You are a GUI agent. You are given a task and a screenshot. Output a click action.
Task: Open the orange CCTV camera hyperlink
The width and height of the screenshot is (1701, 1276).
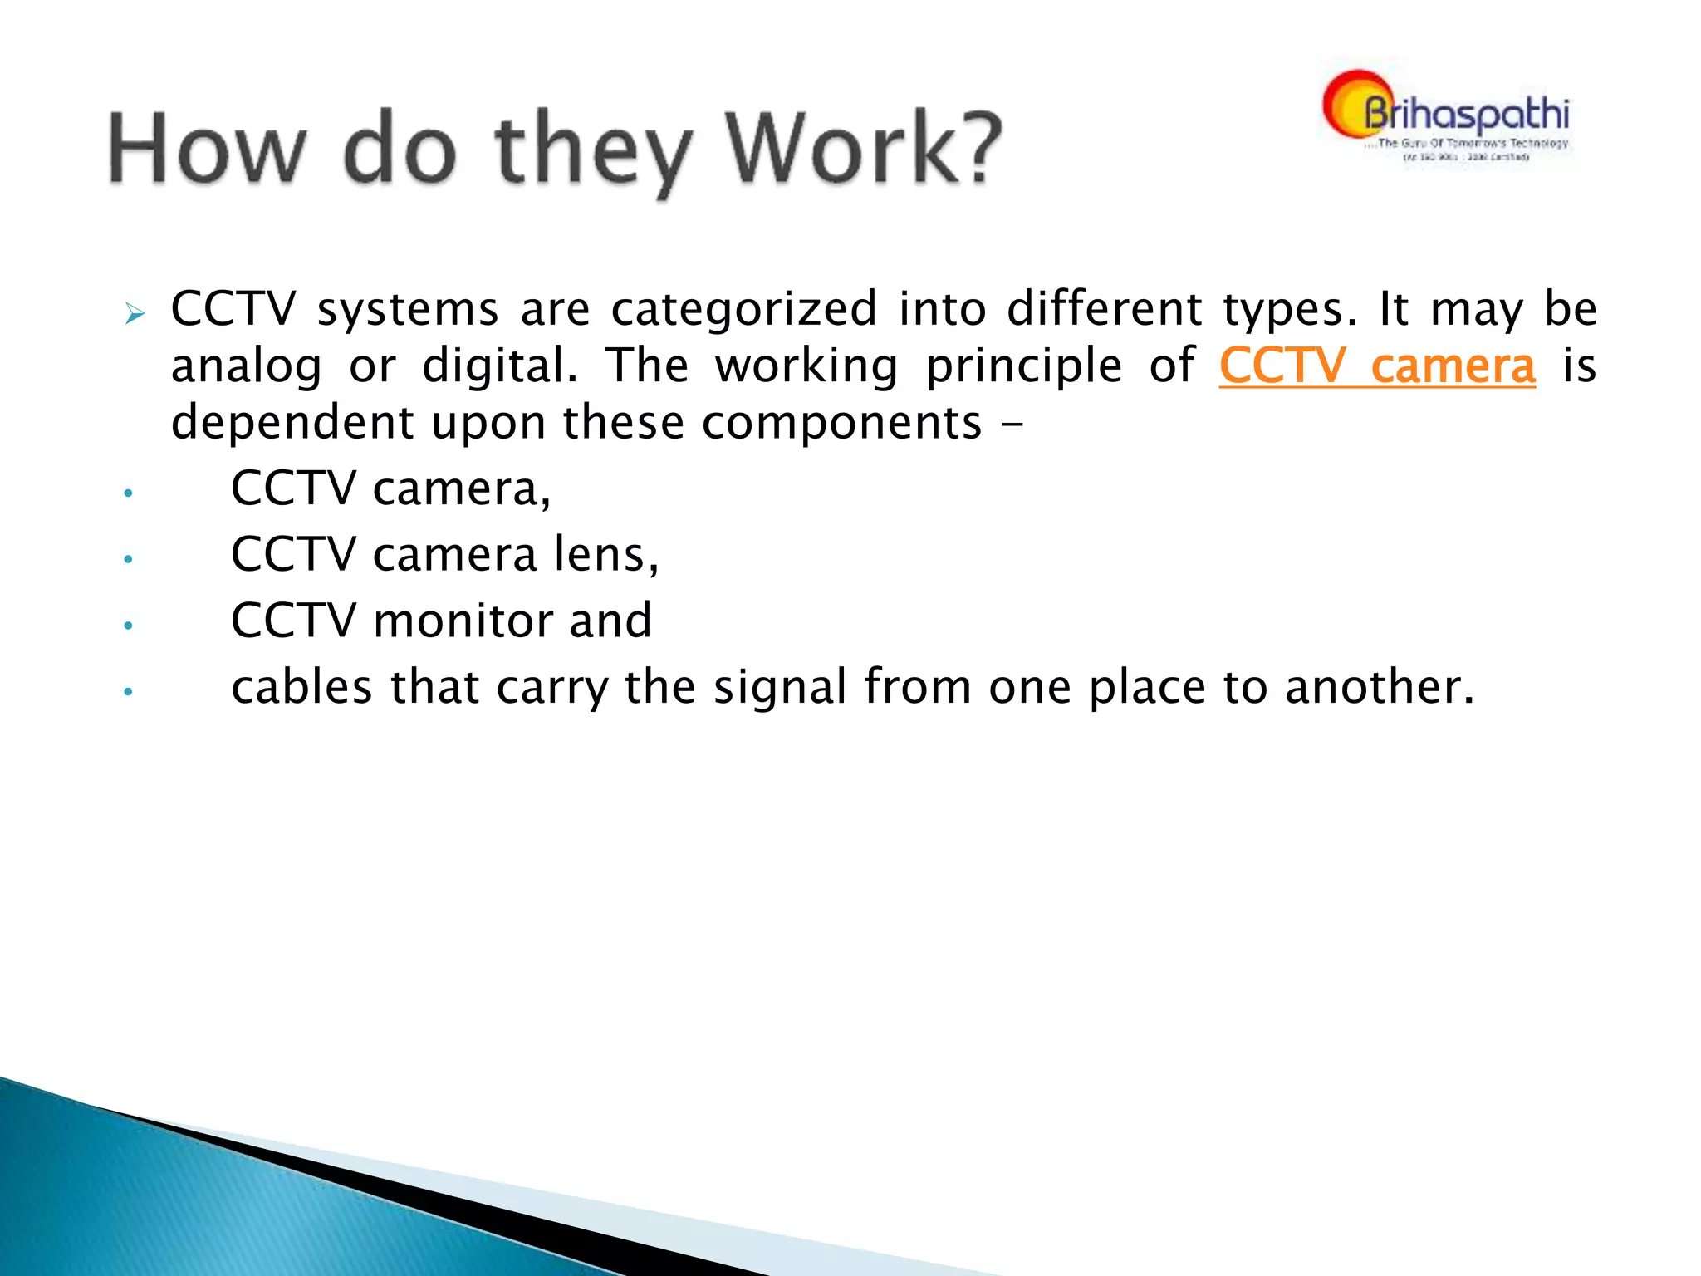1376,366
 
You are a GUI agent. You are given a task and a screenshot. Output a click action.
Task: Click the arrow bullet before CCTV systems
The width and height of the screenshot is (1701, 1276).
135,314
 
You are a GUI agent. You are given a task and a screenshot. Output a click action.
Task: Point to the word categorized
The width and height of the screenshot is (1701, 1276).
743,309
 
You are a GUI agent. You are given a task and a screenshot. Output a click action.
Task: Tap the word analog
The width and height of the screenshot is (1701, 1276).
246,366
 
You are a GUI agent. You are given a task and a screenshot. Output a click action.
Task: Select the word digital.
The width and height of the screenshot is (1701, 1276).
499,366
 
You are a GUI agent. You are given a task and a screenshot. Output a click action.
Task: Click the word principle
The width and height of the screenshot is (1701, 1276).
1023,366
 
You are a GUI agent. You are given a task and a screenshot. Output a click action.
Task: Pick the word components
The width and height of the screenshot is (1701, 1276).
841,423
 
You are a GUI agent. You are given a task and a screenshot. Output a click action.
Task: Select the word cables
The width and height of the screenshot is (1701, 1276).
301,687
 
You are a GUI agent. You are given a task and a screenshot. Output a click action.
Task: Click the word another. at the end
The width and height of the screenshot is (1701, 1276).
1380,687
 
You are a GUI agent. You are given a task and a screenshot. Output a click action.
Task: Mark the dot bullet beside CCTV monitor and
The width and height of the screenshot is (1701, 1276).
128,626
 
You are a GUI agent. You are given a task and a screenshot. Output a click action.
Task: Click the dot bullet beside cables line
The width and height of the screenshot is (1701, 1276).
128,691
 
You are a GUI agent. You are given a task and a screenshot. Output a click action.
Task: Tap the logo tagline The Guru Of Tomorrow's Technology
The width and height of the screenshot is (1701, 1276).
1472,143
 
